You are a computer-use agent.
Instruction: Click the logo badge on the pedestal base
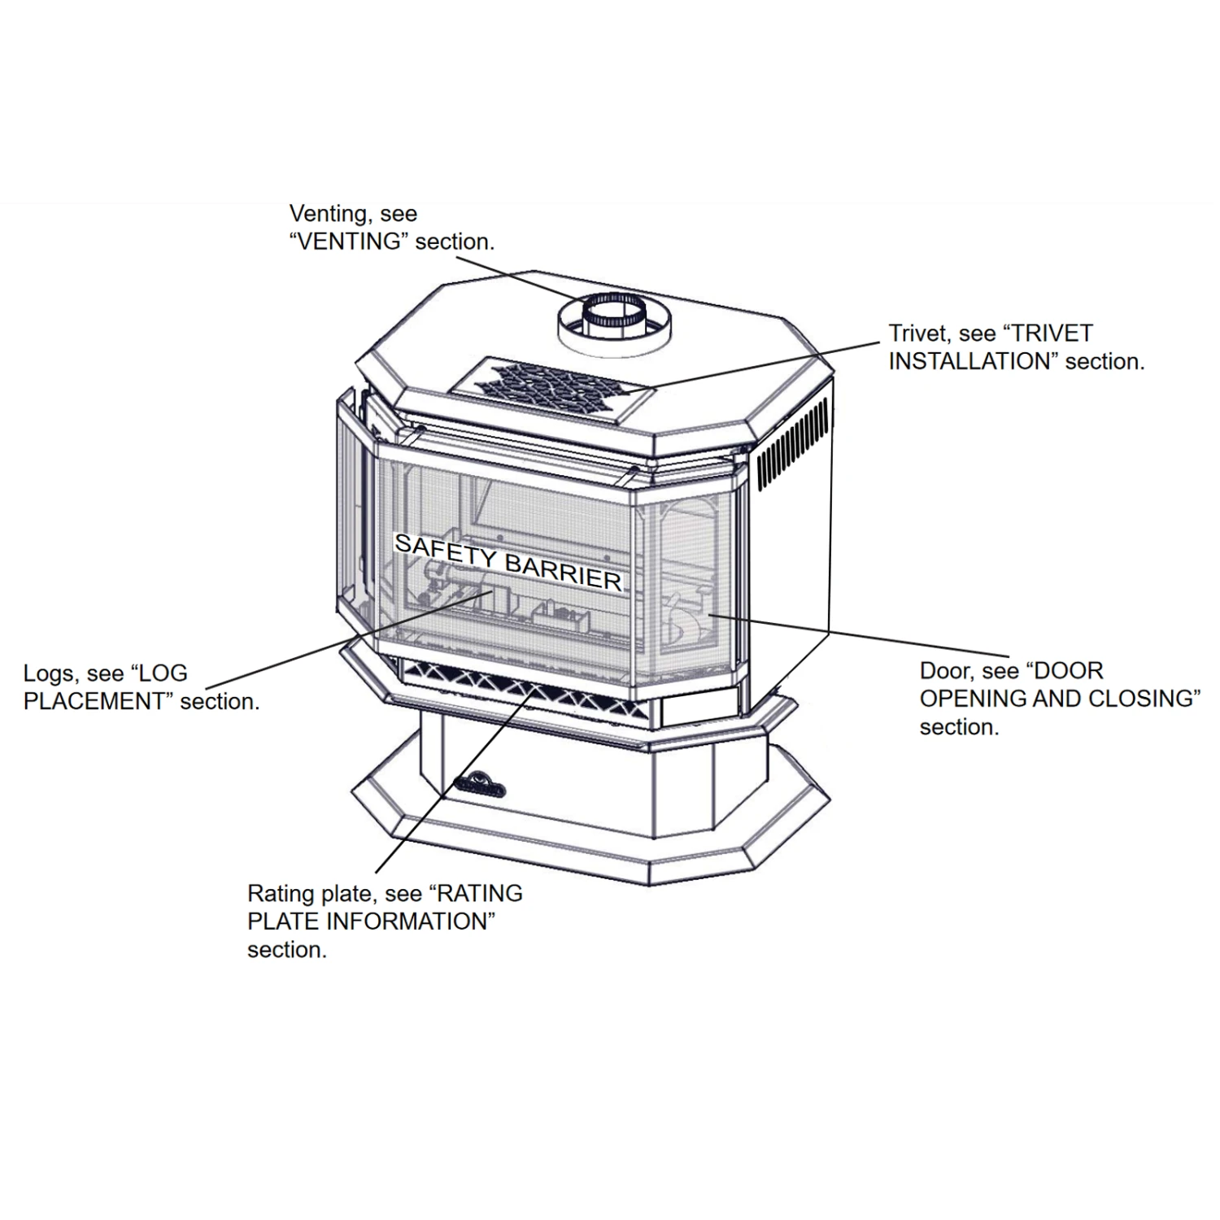pyautogui.click(x=480, y=786)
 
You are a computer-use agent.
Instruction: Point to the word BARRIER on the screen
pyautogui.click(x=563, y=571)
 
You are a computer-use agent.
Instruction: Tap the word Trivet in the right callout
pyautogui.click(x=919, y=333)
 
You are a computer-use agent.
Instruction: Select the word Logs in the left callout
pyautogui.click(x=50, y=673)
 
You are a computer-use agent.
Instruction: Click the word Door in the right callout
pyautogui.click(x=945, y=671)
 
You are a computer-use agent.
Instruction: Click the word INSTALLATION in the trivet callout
pyautogui.click(x=973, y=361)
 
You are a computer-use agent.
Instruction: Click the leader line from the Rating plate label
pyautogui.click(x=455, y=781)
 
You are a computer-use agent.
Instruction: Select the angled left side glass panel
pyautogui.click(x=351, y=512)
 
